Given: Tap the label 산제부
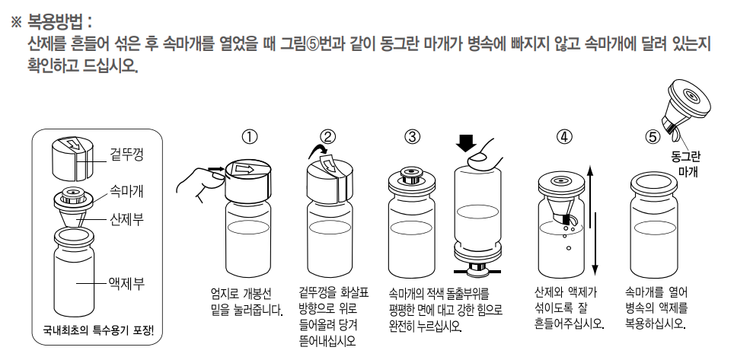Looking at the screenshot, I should point(124,218).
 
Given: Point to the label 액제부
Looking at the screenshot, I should point(124,283).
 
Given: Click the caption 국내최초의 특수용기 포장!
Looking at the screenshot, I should point(97,331).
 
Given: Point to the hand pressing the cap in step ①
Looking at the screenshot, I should point(192,180).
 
